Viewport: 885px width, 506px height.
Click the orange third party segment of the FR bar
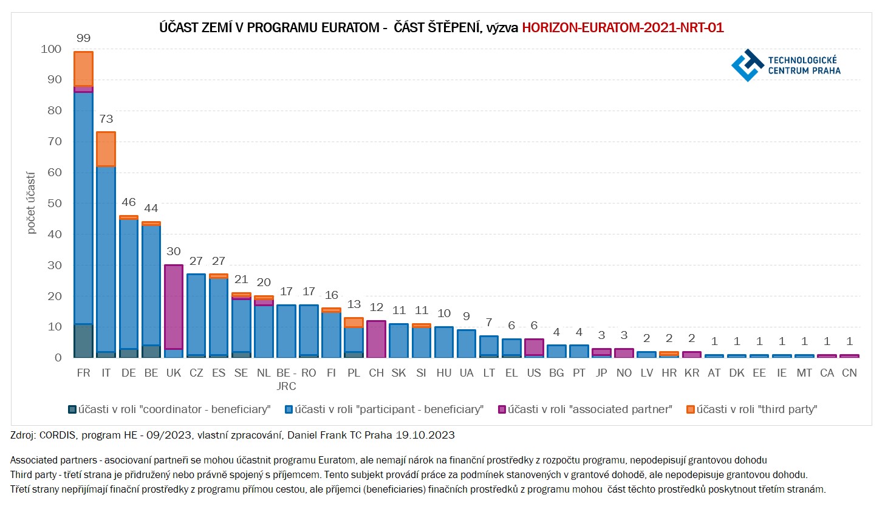pos(83,69)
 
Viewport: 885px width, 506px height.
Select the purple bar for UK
pos(174,307)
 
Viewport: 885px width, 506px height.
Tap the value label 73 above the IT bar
pos(106,119)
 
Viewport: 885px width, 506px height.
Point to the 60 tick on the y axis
pos(54,173)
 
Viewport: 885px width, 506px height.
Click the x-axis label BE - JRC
pos(286,379)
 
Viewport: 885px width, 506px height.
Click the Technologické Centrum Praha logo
pos(786,65)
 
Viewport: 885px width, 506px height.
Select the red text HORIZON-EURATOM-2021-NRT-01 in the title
pos(623,28)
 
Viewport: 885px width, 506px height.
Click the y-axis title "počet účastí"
pos(31,203)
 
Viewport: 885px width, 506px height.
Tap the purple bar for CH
pos(376,339)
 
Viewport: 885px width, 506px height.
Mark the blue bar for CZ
pos(196,315)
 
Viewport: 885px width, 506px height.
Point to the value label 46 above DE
pos(129,202)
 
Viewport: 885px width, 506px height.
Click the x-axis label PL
pos(354,373)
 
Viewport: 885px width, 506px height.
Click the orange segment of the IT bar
pos(106,149)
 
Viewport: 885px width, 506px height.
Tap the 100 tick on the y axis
pos(51,49)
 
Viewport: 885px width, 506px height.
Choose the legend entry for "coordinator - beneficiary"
pos(169,409)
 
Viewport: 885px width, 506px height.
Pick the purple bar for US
pos(534,347)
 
